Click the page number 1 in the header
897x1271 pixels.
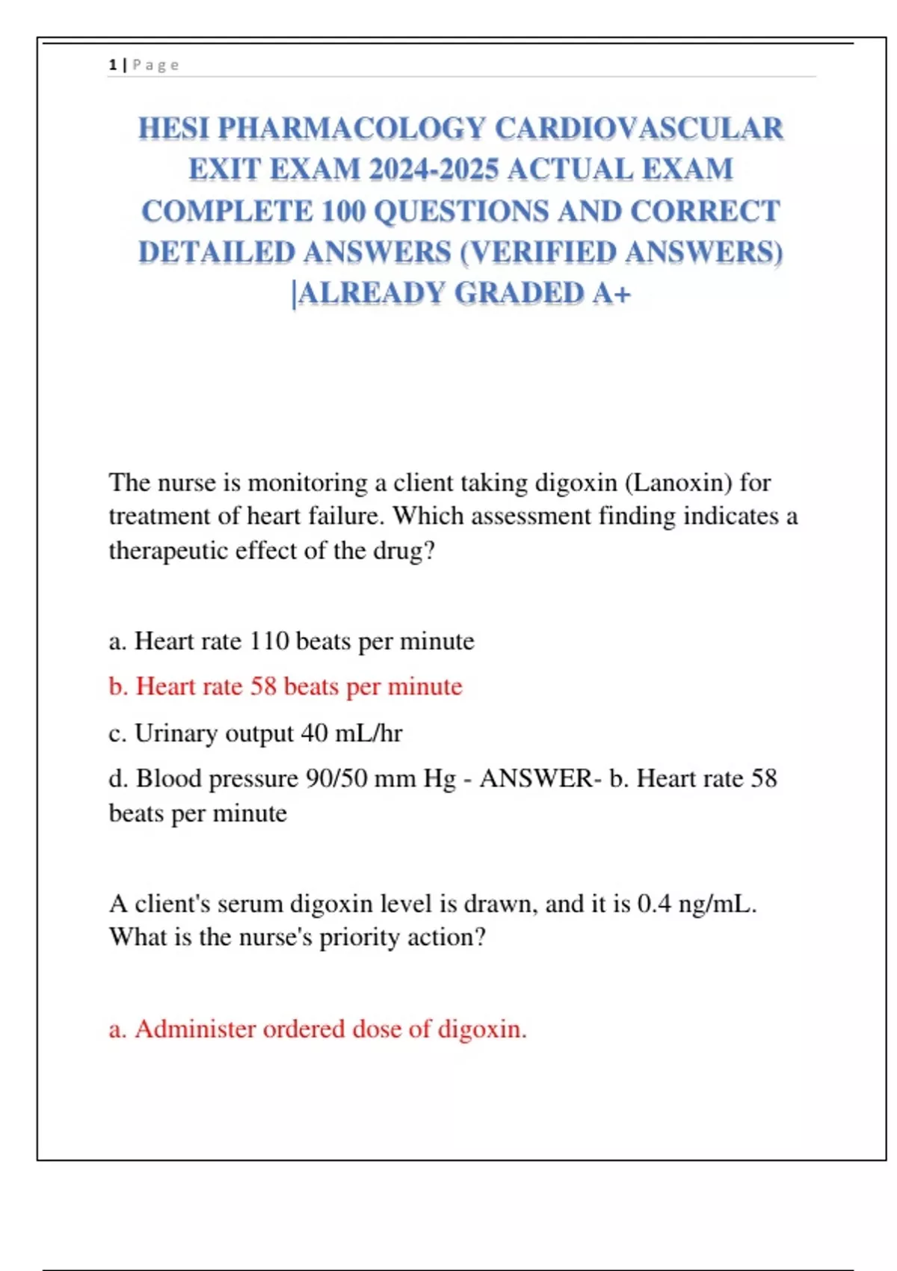coord(112,65)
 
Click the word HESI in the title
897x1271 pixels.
coord(173,129)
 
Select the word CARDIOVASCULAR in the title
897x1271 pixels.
coord(639,129)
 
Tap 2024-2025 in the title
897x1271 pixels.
coord(434,170)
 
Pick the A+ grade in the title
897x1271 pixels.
coord(611,294)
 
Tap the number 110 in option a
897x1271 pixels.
coord(268,641)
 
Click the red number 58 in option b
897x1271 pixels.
coord(263,686)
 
